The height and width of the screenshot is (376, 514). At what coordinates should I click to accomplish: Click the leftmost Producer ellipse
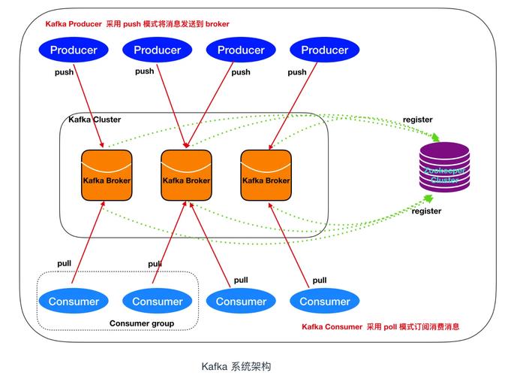click(x=74, y=50)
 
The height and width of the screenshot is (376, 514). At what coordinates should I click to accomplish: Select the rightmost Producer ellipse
click(x=325, y=50)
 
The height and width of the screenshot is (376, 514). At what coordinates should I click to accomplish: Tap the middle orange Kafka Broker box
click(x=186, y=176)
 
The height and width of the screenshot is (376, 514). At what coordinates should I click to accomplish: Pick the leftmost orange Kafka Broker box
click(x=107, y=176)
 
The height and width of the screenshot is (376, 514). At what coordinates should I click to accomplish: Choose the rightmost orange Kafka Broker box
click(x=266, y=176)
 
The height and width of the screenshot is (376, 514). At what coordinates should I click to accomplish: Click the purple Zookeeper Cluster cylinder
click(x=443, y=171)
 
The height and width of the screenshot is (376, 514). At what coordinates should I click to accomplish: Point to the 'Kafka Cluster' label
click(x=95, y=120)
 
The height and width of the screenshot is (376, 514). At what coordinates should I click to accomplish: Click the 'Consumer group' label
click(x=142, y=324)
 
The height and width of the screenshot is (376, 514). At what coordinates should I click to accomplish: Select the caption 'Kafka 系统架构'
click(x=236, y=367)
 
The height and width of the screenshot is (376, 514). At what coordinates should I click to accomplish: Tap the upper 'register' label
click(x=417, y=120)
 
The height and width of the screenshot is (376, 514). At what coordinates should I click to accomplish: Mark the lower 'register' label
click(x=427, y=211)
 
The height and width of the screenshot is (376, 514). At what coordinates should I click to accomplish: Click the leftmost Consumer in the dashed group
click(x=74, y=302)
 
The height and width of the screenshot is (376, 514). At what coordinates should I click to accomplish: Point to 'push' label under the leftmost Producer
click(x=64, y=73)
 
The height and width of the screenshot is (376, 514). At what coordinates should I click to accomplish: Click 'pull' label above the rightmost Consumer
click(x=320, y=280)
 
